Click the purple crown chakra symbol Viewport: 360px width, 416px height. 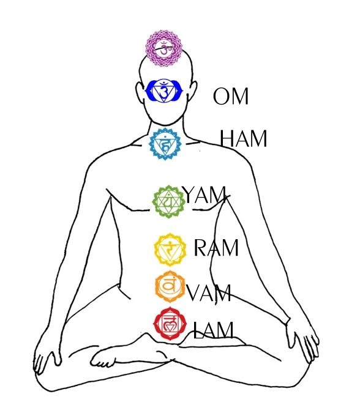point(164,48)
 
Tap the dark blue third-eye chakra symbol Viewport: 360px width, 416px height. point(164,91)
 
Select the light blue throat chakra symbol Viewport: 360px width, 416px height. point(165,144)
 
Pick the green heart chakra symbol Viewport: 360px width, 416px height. point(168,202)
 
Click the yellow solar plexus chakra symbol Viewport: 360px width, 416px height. point(170,250)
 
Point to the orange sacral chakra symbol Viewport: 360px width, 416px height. point(170,286)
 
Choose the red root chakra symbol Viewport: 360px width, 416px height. point(170,324)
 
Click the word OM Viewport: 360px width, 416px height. point(231,96)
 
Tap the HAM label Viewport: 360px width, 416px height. point(243,138)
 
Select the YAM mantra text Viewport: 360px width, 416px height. point(204,195)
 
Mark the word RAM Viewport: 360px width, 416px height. point(216,248)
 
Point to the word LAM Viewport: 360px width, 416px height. point(214,330)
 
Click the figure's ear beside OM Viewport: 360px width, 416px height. point(193,91)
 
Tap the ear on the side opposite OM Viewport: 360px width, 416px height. point(140,92)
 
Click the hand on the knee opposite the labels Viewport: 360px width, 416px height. point(47,355)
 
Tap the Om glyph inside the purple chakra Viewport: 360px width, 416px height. point(164,48)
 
